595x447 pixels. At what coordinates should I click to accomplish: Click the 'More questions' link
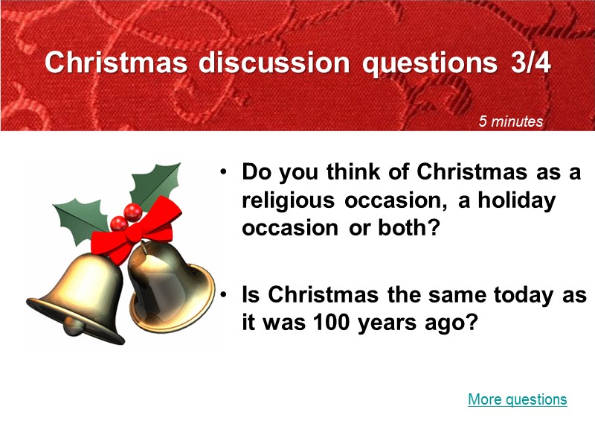tap(517, 400)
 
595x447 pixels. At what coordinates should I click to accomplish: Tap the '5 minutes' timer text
tap(511, 121)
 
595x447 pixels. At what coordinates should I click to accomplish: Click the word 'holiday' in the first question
tap(521, 200)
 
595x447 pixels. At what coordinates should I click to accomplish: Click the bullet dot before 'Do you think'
tap(223, 174)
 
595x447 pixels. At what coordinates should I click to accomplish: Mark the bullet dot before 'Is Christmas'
tap(223, 296)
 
